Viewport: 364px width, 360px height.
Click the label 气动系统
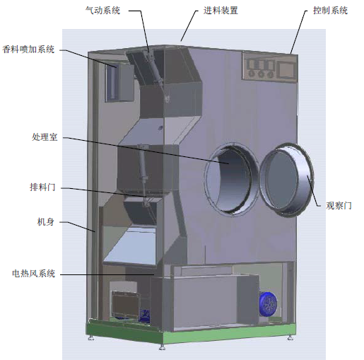pos(102,11)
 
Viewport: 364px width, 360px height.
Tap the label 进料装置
pos(221,11)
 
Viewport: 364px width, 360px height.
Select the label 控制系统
pos(330,11)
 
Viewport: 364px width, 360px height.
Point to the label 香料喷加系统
pos(28,50)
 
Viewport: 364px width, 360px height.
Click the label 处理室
pos(45,137)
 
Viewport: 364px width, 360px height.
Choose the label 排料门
pos(42,187)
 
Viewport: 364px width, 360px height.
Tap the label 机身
pos(46,222)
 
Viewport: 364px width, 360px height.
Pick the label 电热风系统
pos(33,274)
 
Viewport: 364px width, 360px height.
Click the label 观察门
pos(339,206)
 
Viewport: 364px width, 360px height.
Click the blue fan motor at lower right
pos(268,303)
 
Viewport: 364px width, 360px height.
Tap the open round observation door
pos(286,180)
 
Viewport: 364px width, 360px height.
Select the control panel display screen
pos(286,69)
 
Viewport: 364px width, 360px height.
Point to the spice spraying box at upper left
pos(119,83)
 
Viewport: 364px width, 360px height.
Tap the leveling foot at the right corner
pos(290,338)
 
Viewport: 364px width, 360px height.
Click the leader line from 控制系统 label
pos(299,32)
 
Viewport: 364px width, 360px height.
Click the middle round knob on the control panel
pos(261,74)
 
